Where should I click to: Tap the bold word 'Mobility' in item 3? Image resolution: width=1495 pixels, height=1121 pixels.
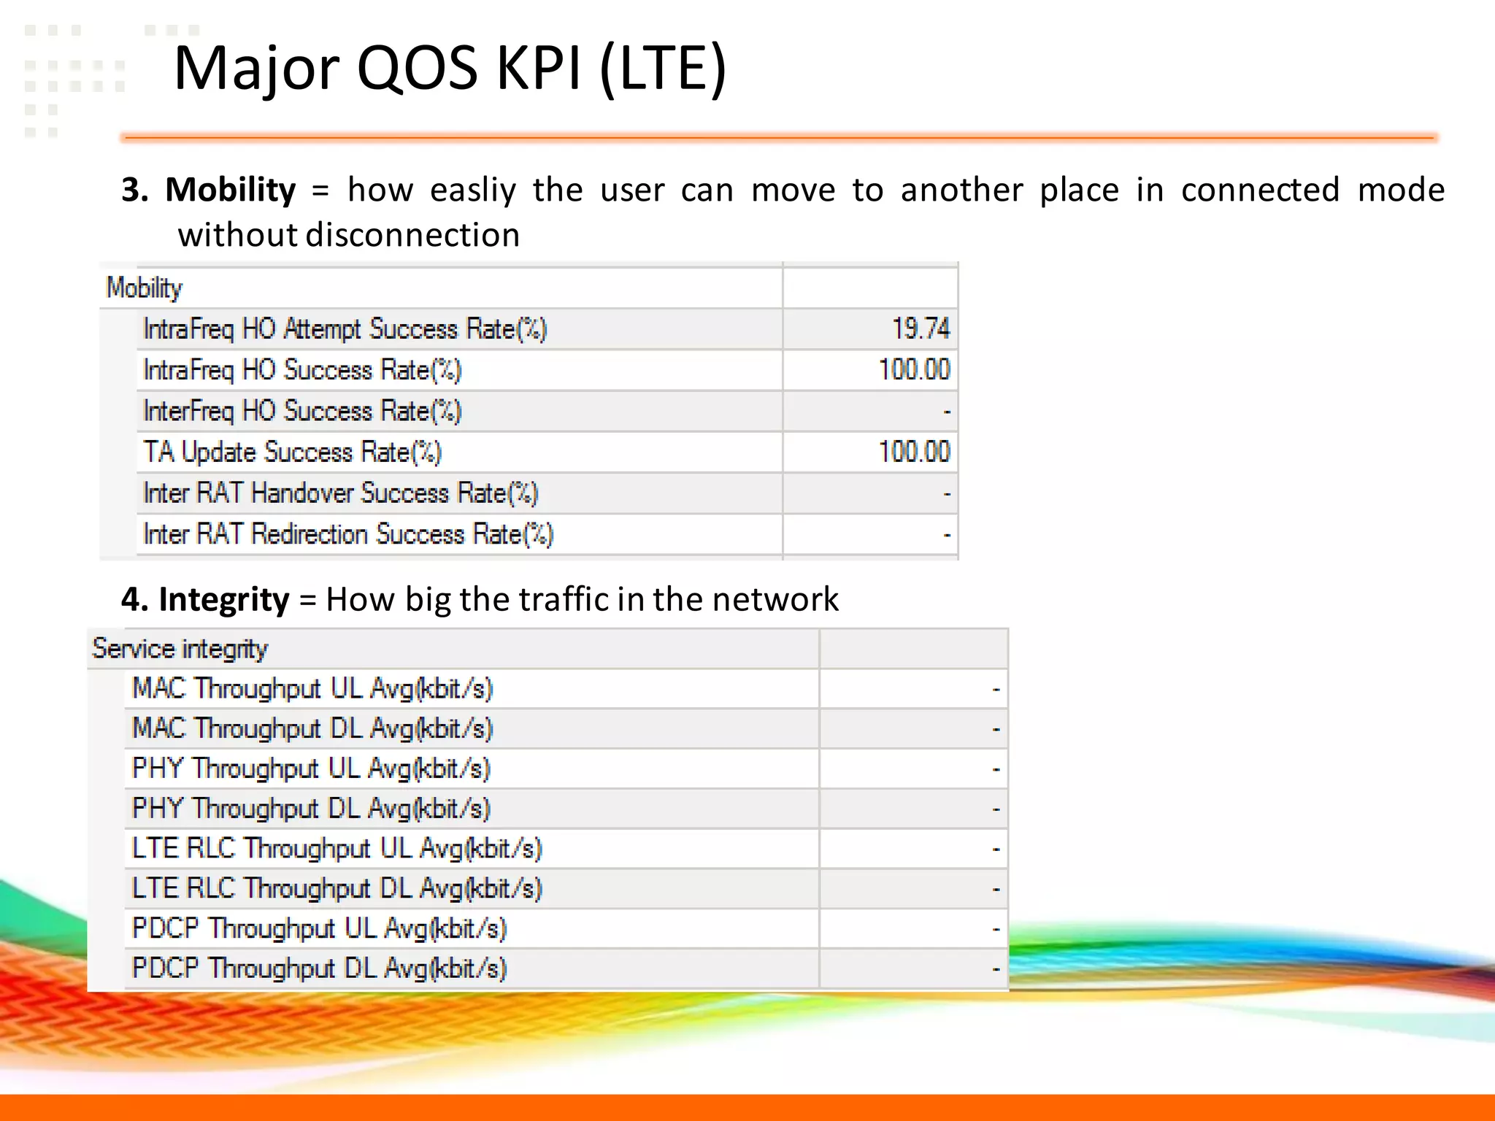pos(231,190)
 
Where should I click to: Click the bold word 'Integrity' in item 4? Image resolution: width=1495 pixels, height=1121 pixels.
pos(224,599)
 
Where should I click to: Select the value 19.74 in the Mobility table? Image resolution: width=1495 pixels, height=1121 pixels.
pos(921,328)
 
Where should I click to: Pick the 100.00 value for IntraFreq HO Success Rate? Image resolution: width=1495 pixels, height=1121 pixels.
pos(914,369)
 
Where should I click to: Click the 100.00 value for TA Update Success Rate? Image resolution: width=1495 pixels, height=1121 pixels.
pos(914,452)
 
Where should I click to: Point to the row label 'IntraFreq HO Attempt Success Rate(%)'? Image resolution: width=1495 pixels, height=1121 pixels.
pos(345,329)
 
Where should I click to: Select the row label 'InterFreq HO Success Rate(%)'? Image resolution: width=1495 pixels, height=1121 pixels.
pos(302,411)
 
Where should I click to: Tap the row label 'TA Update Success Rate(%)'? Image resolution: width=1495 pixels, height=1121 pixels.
pos(292,452)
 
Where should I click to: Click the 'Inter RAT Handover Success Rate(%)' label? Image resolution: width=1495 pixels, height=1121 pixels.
pos(340,493)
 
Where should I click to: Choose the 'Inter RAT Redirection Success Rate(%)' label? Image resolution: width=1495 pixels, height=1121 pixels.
pos(348,534)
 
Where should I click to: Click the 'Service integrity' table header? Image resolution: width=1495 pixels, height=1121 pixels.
pos(180,649)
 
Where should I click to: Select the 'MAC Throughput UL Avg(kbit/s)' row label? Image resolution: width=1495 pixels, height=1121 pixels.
pos(312,688)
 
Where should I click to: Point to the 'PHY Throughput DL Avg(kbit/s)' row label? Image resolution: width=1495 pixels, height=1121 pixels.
pos(310,809)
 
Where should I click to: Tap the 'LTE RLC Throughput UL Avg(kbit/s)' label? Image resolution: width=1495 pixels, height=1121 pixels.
pos(337,848)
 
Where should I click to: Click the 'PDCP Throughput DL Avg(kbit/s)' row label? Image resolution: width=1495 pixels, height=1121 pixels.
pos(319,968)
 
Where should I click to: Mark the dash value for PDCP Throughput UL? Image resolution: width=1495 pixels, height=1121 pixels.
pos(996,929)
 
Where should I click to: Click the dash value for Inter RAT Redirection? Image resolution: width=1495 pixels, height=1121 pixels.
pos(947,535)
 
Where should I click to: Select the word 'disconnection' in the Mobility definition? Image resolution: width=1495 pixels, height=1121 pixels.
pos(412,235)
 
